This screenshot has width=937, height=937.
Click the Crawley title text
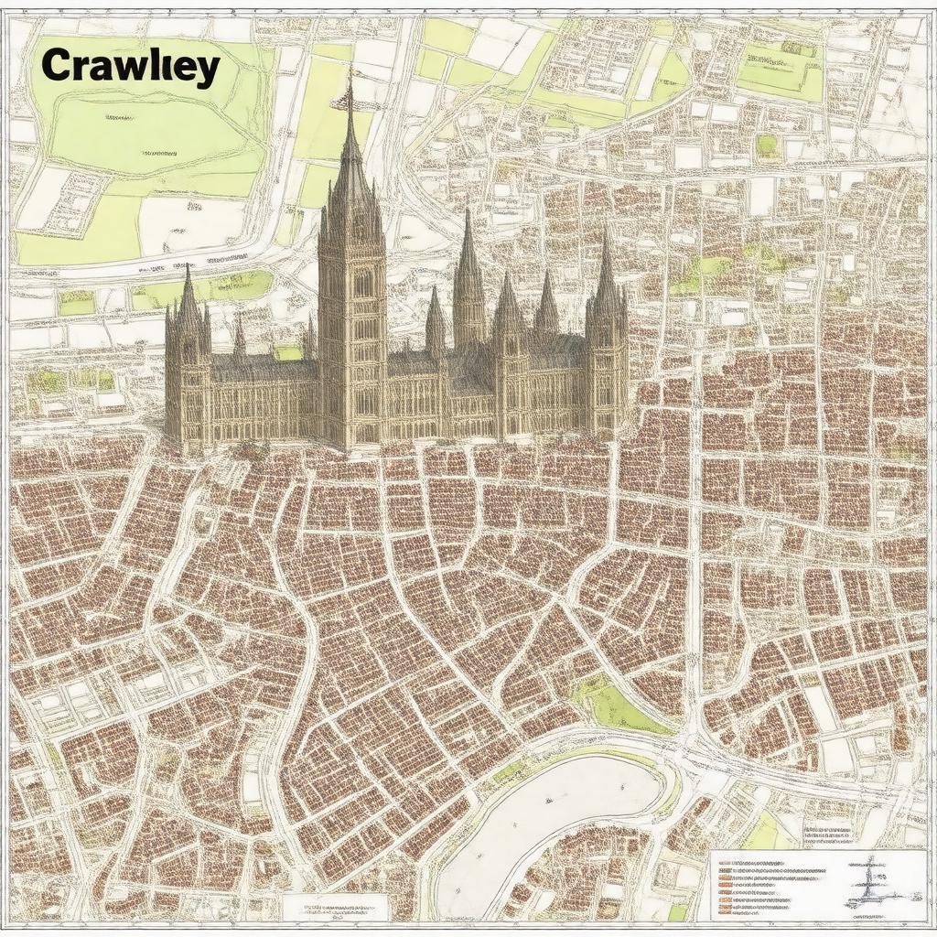(x=130, y=67)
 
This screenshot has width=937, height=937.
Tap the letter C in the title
(x=58, y=67)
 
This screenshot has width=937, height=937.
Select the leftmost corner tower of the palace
(x=188, y=366)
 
